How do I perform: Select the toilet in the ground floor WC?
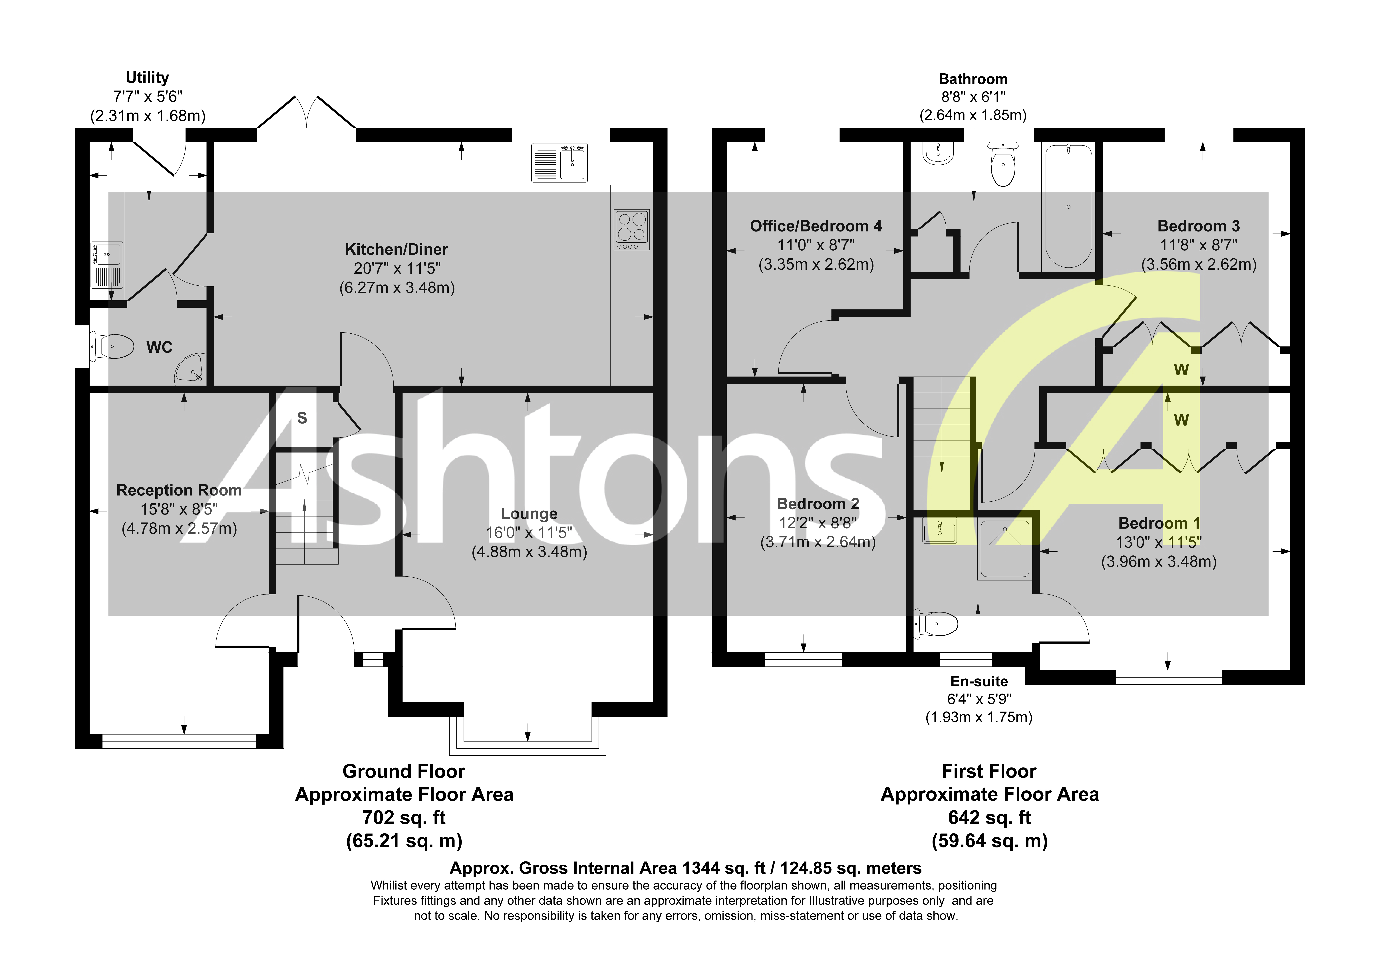click(114, 346)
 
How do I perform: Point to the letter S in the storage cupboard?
click(302, 418)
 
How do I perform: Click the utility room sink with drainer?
click(107, 265)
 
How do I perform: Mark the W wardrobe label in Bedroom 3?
click(1181, 370)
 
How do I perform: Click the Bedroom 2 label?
click(818, 504)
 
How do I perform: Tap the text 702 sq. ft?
click(404, 818)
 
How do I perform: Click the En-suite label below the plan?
click(979, 681)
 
